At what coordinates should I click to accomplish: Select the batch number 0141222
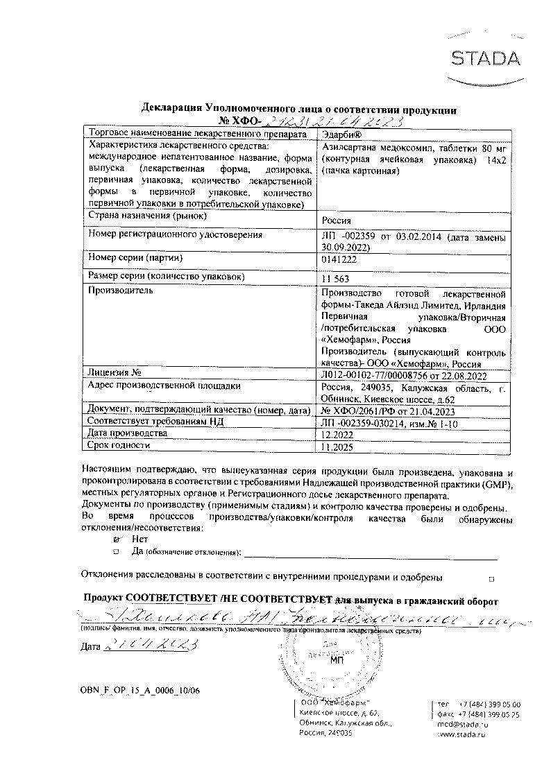338,259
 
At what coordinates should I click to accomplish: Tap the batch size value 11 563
337,278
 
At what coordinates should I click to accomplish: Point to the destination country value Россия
337,221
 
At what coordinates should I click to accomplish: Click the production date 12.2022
338,433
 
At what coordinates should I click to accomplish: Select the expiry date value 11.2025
338,447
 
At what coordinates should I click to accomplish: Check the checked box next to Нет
116,538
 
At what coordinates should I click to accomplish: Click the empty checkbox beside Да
116,551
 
